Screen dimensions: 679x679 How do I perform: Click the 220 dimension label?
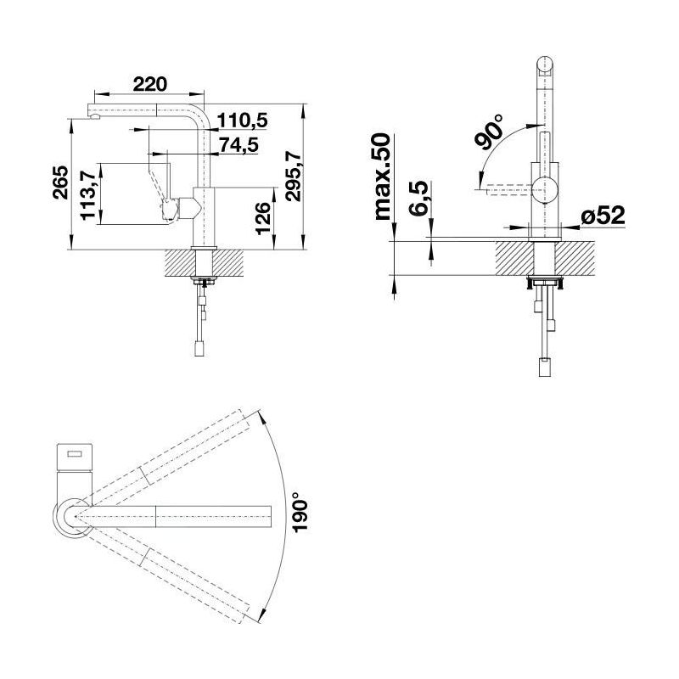coord(149,84)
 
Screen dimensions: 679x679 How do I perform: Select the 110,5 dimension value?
coord(242,121)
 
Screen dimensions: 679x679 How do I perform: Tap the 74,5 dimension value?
coord(238,144)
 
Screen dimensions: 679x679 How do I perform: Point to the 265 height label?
coord(60,182)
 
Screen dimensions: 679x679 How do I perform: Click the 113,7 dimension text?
coord(88,194)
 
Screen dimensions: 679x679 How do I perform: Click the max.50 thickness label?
coord(383,177)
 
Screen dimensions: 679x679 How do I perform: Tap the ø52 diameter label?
coord(603,216)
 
